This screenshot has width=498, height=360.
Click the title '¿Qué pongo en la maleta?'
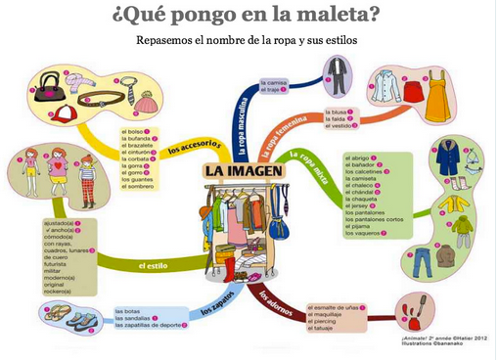pyautogui.click(x=247, y=17)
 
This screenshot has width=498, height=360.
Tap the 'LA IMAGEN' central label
pyautogui.click(x=245, y=172)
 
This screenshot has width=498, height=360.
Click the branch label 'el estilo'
pyautogui.click(x=154, y=265)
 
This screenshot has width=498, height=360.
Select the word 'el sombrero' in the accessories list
pyautogui.click(x=139, y=185)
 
